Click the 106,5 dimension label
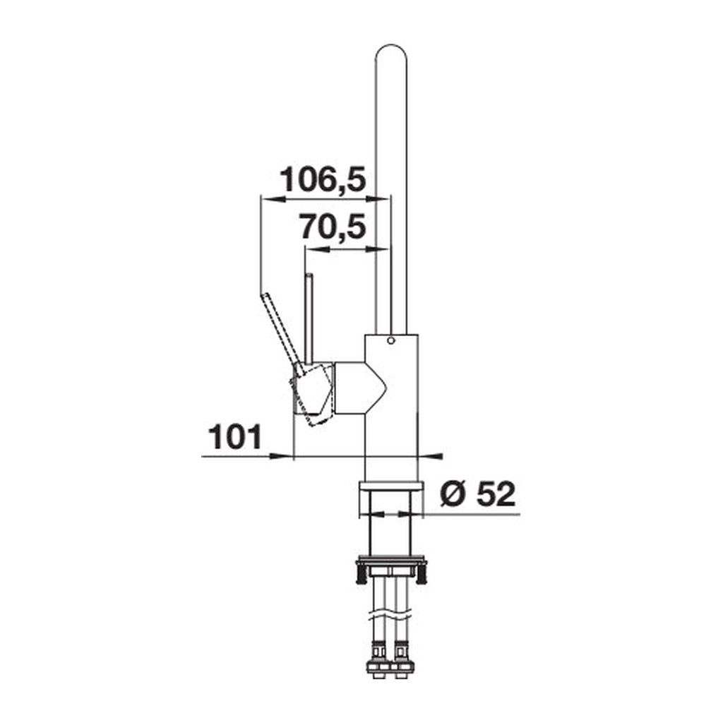[x=323, y=179]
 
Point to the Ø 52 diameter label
[x=478, y=494]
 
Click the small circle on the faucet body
[x=391, y=341]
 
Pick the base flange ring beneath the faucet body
[x=390, y=487]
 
